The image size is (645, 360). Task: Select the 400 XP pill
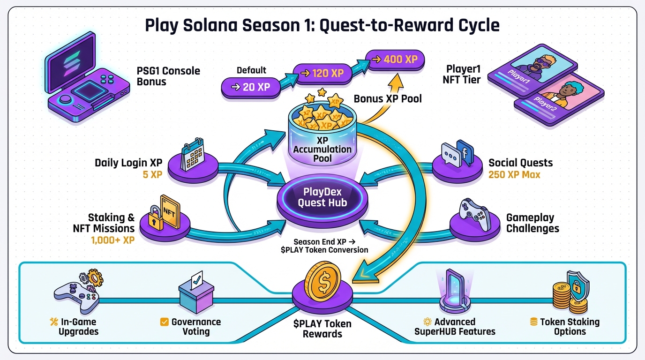[x=396, y=60]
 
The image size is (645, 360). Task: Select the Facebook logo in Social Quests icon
[x=465, y=152]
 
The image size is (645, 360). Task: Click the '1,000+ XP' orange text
[x=112, y=240]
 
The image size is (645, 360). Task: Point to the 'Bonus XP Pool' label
[x=388, y=99]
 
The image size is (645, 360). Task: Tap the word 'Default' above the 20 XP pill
[x=251, y=70]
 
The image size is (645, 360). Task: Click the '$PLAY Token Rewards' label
[x=322, y=329]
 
